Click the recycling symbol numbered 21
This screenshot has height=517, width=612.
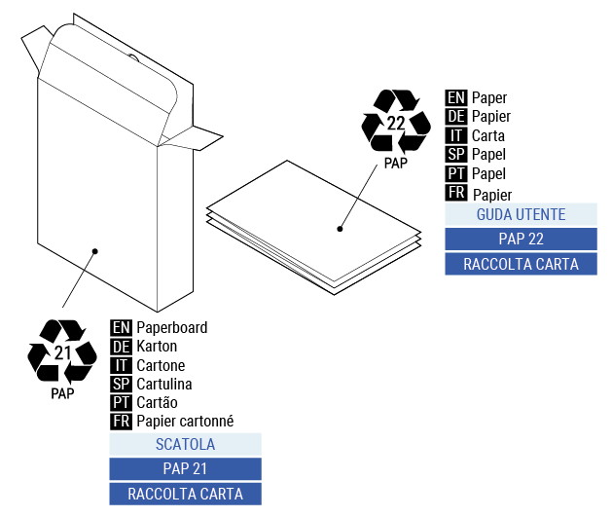(61, 351)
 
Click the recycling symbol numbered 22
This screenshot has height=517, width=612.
(395, 122)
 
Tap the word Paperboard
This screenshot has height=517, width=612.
(171, 328)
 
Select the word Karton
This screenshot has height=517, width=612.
(157, 347)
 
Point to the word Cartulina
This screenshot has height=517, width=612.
(163, 384)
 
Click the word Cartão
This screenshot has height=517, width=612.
(157, 402)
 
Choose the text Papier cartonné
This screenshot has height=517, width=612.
(185, 421)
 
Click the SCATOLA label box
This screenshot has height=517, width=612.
(185, 445)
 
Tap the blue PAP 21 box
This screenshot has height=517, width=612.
(185, 469)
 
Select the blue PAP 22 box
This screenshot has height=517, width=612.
(521, 240)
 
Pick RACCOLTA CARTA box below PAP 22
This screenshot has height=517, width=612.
(521, 264)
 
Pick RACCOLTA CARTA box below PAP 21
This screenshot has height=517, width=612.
(185, 494)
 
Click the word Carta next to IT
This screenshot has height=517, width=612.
(488, 135)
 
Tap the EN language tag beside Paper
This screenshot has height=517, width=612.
(455, 98)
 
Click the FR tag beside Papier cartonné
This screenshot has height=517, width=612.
(121, 421)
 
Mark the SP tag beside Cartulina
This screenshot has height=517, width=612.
(121, 384)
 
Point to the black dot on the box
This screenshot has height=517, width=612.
(95, 251)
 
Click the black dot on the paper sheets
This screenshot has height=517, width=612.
(341, 230)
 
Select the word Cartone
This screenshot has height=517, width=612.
(161, 365)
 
